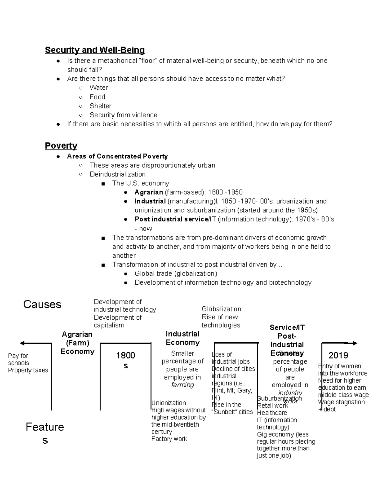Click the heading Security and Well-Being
coord(95,50)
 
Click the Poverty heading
coord(61,146)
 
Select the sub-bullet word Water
coord(99,87)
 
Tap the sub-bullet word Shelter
coord(100,106)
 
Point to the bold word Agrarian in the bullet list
coord(148,192)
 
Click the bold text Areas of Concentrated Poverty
coord(117,156)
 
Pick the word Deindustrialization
coord(117,174)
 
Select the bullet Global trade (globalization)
coord(176,274)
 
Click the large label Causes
coord(42,304)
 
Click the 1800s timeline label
coord(125,360)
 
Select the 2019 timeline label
coord(338,355)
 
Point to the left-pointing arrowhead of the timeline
coord(22,343)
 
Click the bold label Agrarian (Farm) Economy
coord(77,343)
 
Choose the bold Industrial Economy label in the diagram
coord(182,338)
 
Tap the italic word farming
coord(182,385)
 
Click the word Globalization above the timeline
coord(221,309)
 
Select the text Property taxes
coord(28,370)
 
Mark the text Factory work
coord(169,439)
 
